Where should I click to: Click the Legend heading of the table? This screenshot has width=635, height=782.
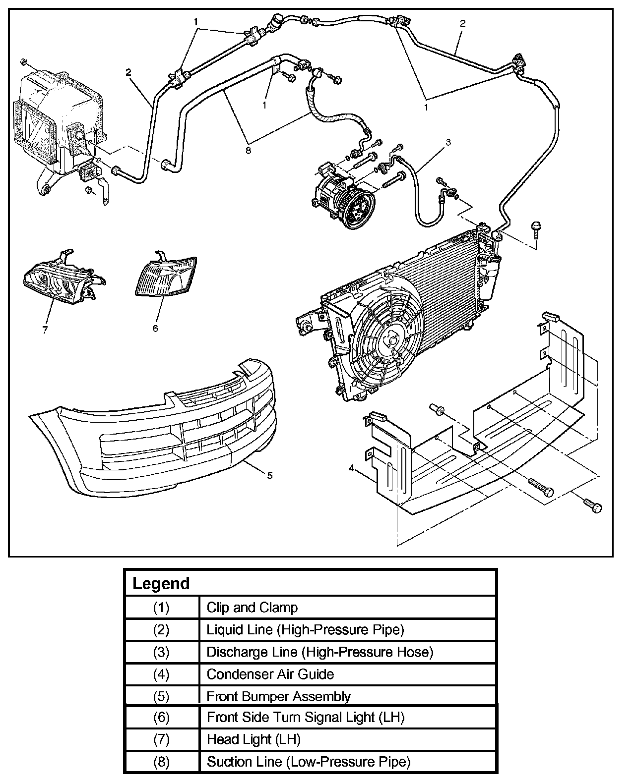(x=161, y=583)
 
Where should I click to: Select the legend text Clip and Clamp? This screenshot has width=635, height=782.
(x=252, y=607)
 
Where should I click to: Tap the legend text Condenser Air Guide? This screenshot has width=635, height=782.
(x=270, y=674)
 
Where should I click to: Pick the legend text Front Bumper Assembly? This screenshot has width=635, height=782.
(x=278, y=696)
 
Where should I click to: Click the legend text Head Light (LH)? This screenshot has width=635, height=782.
(x=254, y=739)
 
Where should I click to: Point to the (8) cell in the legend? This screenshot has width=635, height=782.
(x=161, y=762)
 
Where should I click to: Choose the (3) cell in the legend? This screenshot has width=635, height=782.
(x=161, y=652)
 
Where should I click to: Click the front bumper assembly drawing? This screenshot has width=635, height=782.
(x=149, y=436)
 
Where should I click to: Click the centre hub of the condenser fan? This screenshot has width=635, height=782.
(x=390, y=341)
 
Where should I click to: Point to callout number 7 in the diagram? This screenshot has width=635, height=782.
(x=45, y=329)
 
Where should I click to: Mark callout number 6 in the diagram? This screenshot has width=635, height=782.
(x=155, y=328)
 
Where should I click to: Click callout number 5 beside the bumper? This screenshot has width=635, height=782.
(x=270, y=475)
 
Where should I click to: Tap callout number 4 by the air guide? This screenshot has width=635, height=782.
(x=351, y=468)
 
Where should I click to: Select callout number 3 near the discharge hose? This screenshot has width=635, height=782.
(x=448, y=142)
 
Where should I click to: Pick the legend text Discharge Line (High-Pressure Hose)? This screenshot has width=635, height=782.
(x=320, y=652)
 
